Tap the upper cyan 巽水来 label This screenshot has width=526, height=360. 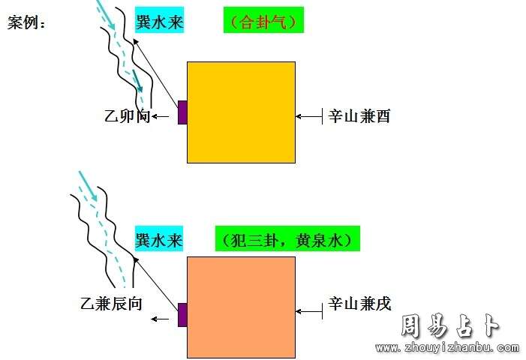[159, 20]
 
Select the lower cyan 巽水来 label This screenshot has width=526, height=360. [159, 238]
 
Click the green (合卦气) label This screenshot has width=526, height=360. [263, 20]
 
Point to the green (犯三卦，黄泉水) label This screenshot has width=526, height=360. [287, 238]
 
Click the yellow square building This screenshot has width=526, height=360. [241, 112]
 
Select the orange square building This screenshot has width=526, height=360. [241, 307]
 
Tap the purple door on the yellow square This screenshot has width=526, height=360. [182, 112]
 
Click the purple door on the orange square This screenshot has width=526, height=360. [182, 315]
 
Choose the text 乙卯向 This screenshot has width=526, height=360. [128, 116]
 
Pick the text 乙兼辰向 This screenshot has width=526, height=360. [111, 303]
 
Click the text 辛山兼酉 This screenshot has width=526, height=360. [359, 116]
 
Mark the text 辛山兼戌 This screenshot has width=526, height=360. [359, 303]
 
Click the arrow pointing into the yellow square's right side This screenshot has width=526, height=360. [309, 116]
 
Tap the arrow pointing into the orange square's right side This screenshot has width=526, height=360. [309, 311]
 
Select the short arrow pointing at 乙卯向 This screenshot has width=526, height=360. [161, 117]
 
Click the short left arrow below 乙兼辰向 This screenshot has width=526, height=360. [160, 319]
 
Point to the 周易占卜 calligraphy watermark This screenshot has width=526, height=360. [450, 325]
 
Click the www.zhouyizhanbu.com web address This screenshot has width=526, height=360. [447, 347]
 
